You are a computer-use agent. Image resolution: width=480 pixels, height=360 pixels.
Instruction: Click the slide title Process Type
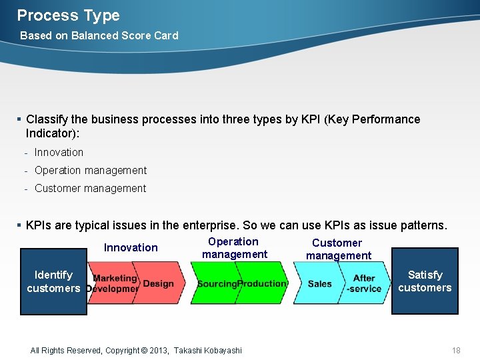point(68,15)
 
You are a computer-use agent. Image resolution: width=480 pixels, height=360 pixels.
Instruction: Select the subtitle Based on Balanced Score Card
point(99,35)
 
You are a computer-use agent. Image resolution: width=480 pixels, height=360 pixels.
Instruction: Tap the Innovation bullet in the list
point(59,153)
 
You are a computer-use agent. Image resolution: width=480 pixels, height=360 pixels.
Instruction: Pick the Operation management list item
point(90,171)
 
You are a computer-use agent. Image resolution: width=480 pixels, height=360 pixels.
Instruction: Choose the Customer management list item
point(90,189)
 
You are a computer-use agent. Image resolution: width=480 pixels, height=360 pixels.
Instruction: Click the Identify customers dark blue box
point(53,281)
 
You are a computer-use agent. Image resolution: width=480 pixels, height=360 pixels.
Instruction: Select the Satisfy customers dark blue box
point(425,281)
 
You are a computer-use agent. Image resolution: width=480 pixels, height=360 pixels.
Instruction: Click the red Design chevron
point(159,283)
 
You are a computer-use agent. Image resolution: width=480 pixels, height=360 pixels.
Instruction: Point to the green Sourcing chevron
point(215,283)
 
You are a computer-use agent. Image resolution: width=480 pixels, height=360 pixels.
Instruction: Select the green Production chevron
point(263,283)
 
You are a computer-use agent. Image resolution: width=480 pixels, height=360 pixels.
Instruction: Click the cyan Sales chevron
point(319,283)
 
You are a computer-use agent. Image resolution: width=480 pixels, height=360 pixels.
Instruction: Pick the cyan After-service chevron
point(365,283)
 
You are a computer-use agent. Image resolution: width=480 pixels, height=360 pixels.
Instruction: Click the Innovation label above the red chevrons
point(131,248)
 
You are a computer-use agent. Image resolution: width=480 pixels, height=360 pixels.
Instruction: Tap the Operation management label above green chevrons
point(234,248)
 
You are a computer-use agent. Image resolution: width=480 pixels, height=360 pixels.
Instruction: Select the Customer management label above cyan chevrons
point(338,249)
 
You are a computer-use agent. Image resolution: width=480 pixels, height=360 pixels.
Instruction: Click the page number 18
point(456,351)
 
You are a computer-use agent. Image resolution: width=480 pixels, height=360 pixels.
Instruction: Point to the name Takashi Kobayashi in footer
point(207,351)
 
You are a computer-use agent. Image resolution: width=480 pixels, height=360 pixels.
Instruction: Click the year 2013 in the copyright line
point(159,351)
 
